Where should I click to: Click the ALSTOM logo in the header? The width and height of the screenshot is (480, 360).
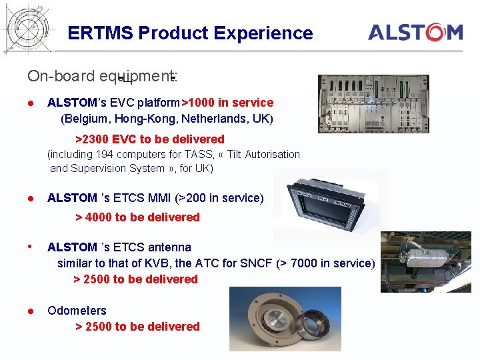tap(415, 32)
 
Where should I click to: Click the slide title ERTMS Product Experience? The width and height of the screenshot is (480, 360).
tap(190, 33)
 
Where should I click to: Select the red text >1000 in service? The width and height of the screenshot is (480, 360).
tap(229, 103)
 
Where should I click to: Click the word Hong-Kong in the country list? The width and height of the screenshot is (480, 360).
tap(142, 119)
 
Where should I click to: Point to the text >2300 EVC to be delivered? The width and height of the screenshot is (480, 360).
tap(149, 139)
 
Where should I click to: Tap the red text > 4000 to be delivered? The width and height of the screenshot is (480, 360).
tap(137, 217)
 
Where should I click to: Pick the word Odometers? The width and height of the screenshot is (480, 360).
tap(77, 311)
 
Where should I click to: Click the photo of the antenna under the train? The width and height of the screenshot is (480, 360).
tap(425, 262)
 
